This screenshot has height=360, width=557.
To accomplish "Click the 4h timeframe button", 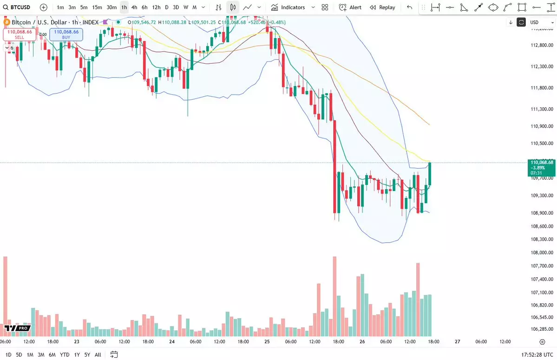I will click(134, 7).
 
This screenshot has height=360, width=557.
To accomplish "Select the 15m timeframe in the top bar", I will click(97, 7).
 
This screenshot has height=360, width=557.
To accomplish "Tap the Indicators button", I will click(288, 7).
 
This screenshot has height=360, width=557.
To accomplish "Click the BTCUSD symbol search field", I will click(19, 7).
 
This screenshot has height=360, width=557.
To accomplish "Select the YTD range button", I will click(65, 354).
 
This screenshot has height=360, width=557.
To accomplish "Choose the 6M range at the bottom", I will click(52, 354).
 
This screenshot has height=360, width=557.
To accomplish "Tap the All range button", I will click(98, 354).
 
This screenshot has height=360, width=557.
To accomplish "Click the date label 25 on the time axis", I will click(267, 341).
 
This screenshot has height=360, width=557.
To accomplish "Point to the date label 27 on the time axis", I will click(457, 341).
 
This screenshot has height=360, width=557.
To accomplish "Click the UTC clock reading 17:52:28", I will click(528, 354).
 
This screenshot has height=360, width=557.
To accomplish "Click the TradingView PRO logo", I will click(18, 328).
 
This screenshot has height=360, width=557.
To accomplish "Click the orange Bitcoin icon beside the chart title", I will click(7, 22).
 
